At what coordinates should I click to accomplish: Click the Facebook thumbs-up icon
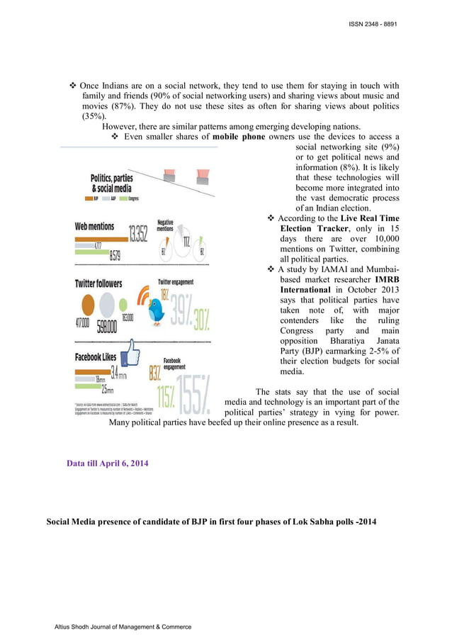coord(130,354)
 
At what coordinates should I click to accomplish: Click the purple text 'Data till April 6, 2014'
coord(106,464)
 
